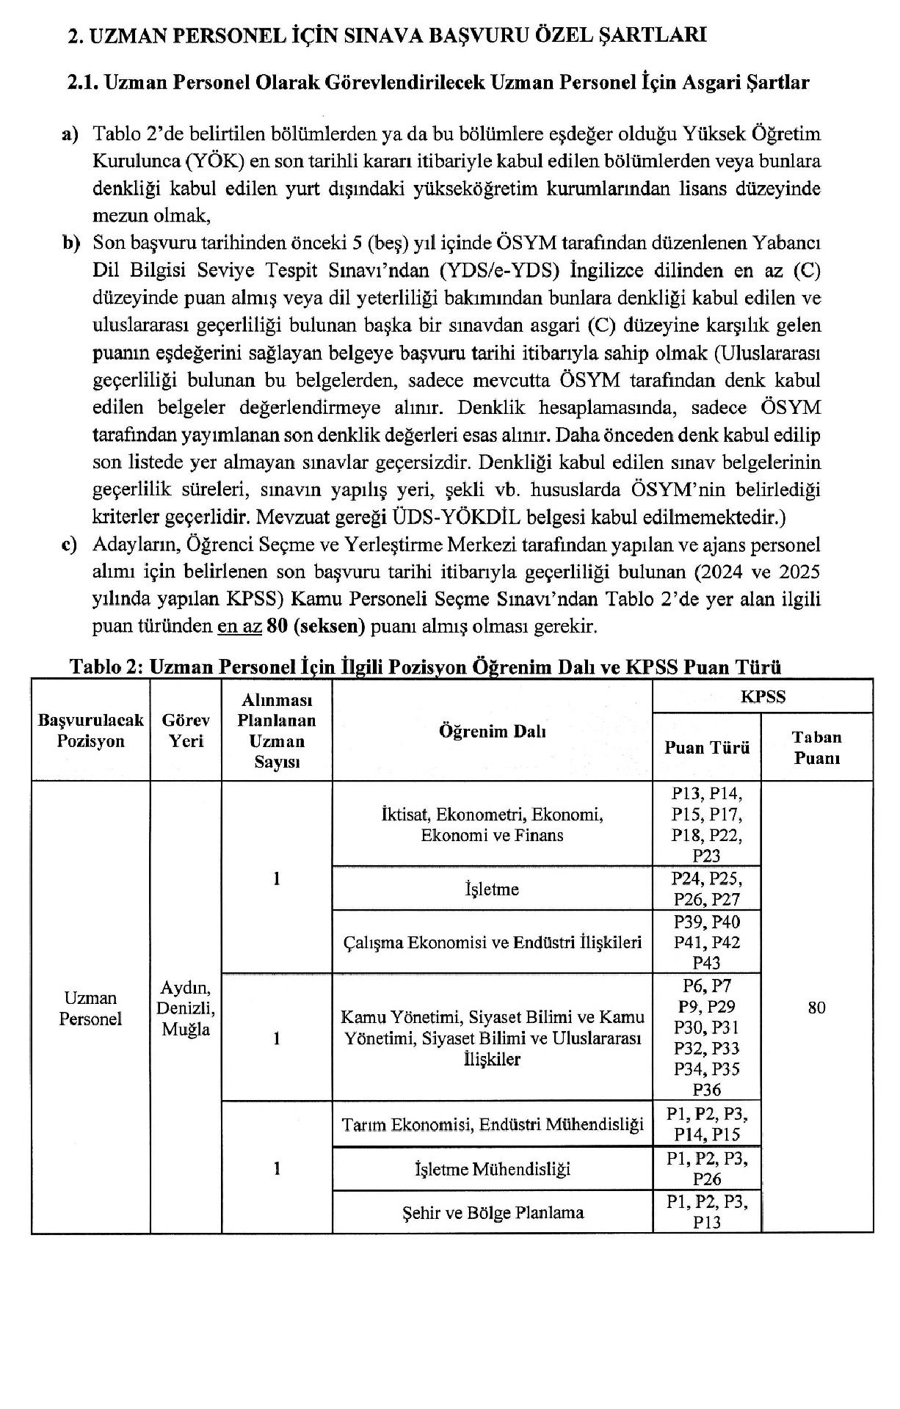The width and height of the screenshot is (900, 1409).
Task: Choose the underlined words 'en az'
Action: (239, 627)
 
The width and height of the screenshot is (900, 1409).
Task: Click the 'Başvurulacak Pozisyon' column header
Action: (91, 730)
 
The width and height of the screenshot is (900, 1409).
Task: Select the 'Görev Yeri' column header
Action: (186, 730)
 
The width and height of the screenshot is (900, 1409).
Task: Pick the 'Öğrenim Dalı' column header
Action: (492, 731)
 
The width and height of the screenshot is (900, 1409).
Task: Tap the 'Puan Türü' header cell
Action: (706, 748)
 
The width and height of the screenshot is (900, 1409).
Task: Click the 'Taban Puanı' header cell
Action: (816, 748)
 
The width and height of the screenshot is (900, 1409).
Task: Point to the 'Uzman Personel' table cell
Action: (90, 1008)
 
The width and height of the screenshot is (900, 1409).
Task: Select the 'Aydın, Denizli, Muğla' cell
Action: (186, 1008)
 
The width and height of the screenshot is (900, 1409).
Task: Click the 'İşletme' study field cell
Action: (492, 889)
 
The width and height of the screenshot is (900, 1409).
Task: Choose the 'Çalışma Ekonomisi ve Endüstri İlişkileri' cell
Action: (492, 942)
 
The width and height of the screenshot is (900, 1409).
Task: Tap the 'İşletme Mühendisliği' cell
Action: (492, 1169)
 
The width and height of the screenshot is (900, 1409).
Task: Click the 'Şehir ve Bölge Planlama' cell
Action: (492, 1212)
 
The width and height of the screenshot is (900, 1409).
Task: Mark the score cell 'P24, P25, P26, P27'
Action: (706, 889)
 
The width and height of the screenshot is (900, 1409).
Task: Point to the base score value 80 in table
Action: (816, 1008)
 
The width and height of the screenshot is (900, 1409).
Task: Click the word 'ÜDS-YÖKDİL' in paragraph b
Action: (457, 517)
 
